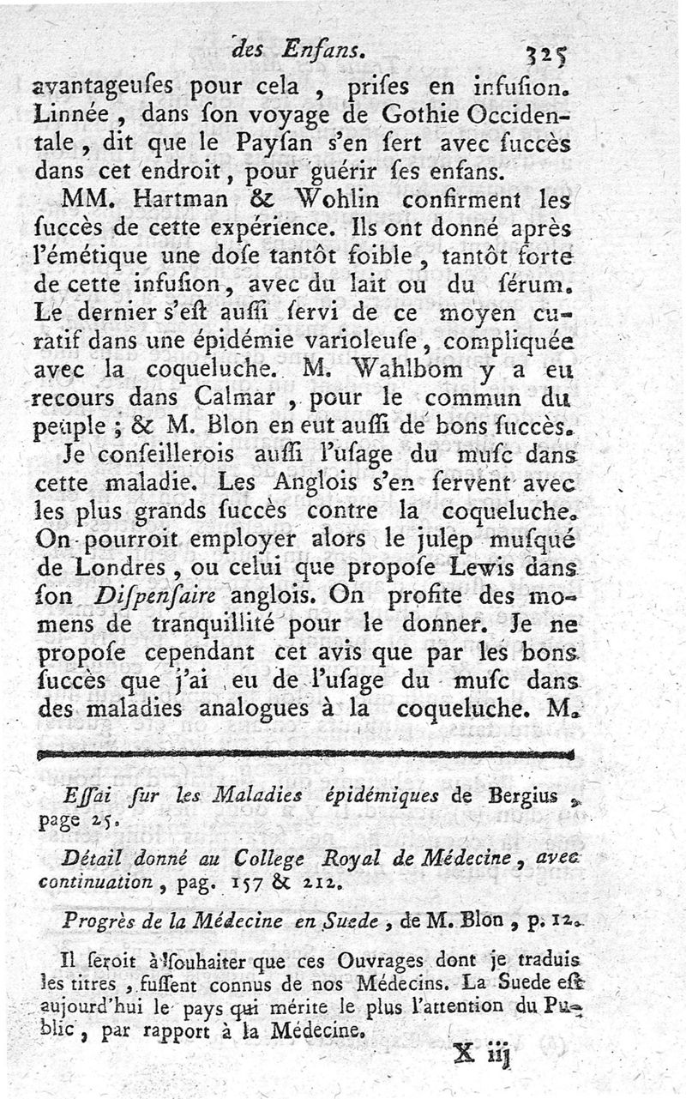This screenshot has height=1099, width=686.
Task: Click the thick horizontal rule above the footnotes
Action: pyautogui.click(x=304, y=755)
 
